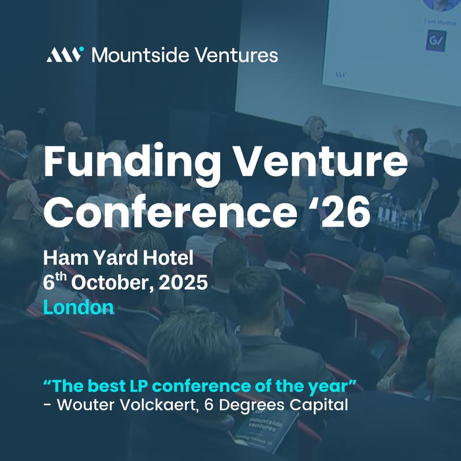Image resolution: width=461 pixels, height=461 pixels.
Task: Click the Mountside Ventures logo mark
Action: (65, 55)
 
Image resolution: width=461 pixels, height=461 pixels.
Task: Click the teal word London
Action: (79, 307)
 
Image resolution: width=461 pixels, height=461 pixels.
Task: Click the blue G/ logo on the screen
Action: (436, 41)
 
